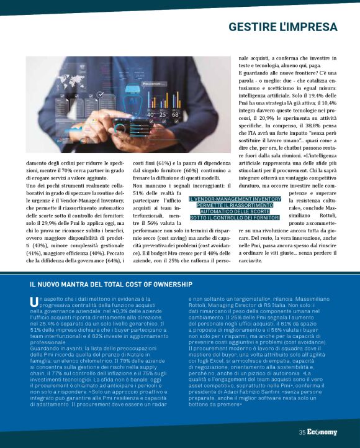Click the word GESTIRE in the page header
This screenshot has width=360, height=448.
(251, 27)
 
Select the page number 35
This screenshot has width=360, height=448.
(302, 432)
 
